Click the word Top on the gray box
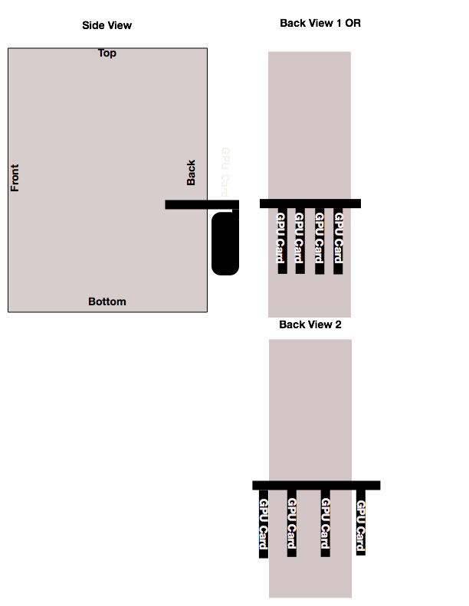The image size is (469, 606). click(107, 54)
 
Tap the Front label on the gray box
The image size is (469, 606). click(15, 178)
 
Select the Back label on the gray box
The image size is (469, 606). click(191, 172)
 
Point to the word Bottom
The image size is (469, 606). click(107, 301)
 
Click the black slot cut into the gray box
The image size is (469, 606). click(185, 204)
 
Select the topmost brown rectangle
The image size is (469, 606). click(309, 125)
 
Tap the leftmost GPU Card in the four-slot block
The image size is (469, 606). click(280, 238)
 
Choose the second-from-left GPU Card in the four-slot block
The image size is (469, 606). click(300, 238)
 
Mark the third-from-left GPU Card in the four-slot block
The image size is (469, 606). click(319, 238)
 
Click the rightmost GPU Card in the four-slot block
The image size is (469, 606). click(338, 238)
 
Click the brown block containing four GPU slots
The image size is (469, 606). click(309, 295)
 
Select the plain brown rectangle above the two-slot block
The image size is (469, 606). click(310, 409)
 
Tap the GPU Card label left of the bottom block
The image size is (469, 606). click(263, 524)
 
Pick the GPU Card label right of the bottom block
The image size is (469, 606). click(360, 526)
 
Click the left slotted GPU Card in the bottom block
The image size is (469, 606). click(291, 523)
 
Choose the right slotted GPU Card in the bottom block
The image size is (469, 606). click(325, 523)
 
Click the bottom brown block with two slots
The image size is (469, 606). click(310, 578)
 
